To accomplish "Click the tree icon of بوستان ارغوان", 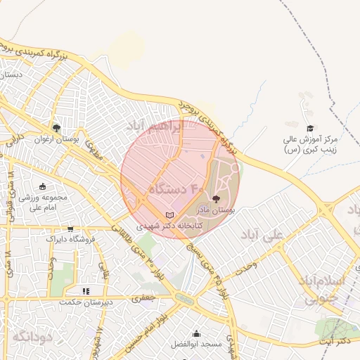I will click(56, 128).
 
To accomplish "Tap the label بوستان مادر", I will click(215, 210).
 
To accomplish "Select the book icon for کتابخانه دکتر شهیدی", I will click(168, 214).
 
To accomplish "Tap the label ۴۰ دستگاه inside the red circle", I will click(176, 189).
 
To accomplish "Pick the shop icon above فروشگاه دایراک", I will click(70, 229).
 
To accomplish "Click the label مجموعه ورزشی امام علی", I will click(44, 202).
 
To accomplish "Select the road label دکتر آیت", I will click(335, 341).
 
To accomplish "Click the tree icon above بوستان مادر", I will click(215, 199).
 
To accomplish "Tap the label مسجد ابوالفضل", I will click(195, 345).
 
